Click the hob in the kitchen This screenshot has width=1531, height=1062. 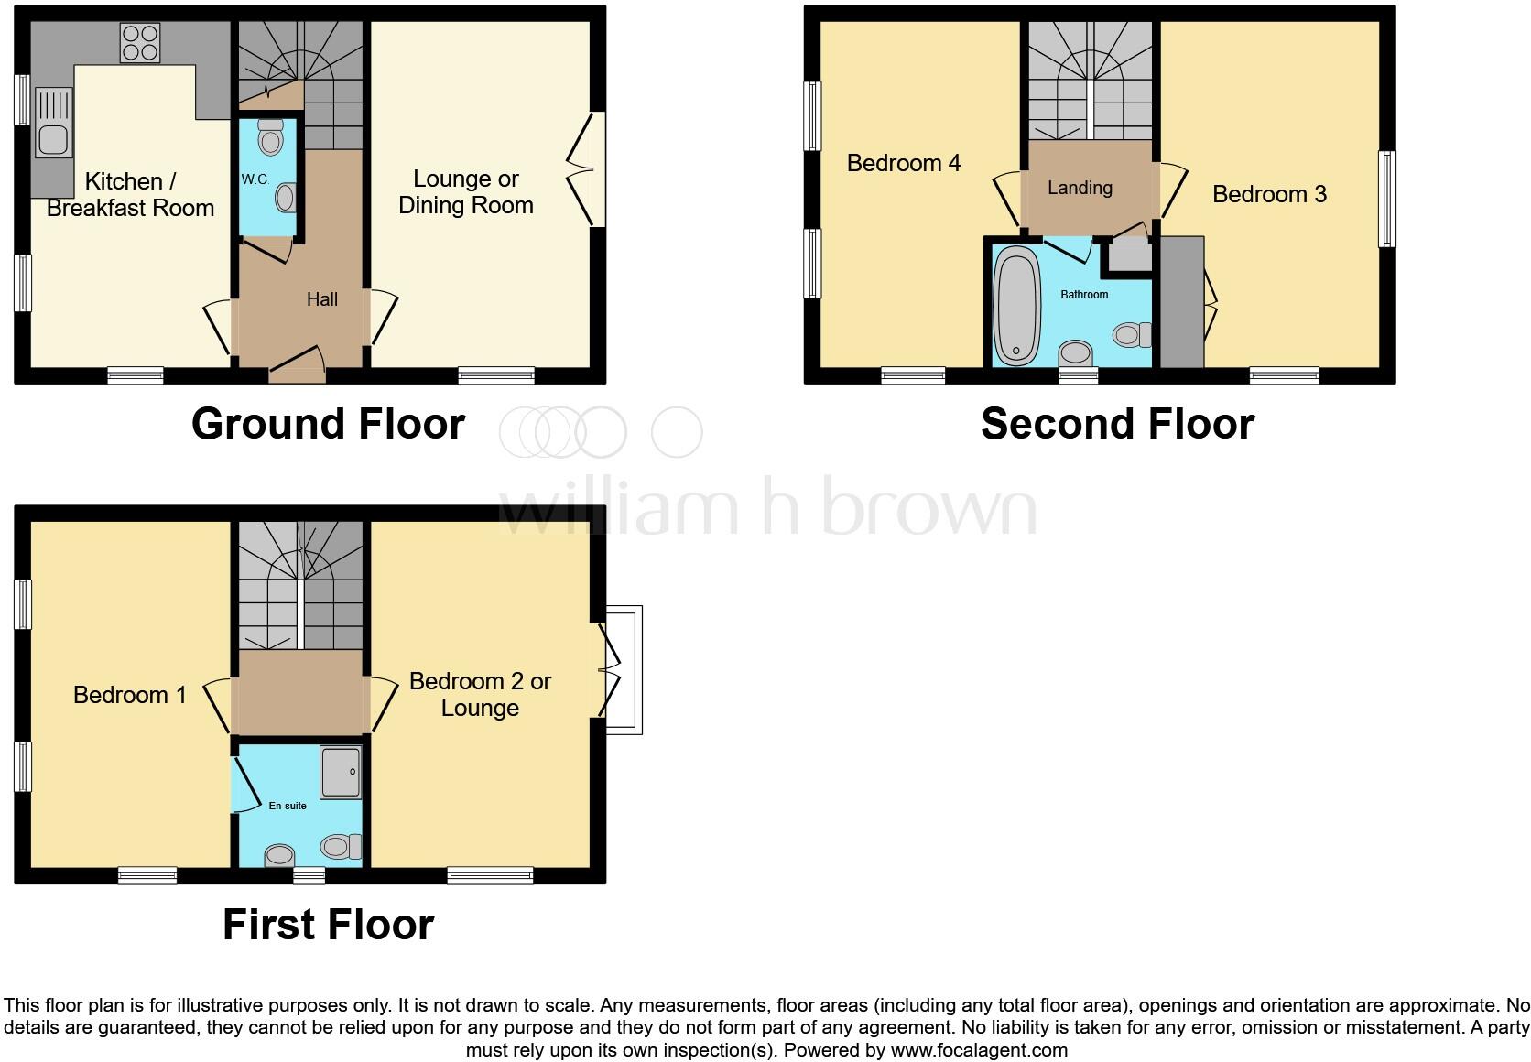click(x=140, y=42)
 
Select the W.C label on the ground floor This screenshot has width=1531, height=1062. click(x=255, y=179)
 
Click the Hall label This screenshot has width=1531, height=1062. click(x=322, y=299)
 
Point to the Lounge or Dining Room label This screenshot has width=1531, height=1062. click(x=466, y=192)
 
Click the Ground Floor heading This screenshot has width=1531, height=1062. click(x=328, y=425)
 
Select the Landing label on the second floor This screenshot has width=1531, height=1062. click(x=1080, y=188)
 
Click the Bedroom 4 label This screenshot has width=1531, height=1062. click(x=904, y=163)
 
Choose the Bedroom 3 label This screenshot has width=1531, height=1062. click(x=1269, y=194)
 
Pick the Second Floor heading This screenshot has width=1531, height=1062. click(x=1117, y=425)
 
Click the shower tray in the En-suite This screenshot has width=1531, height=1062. click(x=341, y=771)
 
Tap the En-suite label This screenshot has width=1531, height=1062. click(x=288, y=806)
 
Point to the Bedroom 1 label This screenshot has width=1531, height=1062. click(x=130, y=695)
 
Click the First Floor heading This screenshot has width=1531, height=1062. click(x=328, y=925)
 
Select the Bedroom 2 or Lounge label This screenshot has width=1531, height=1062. click(x=480, y=695)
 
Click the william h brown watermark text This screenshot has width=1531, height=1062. click(x=767, y=508)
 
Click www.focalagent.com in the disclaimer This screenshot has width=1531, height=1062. click(x=979, y=1050)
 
